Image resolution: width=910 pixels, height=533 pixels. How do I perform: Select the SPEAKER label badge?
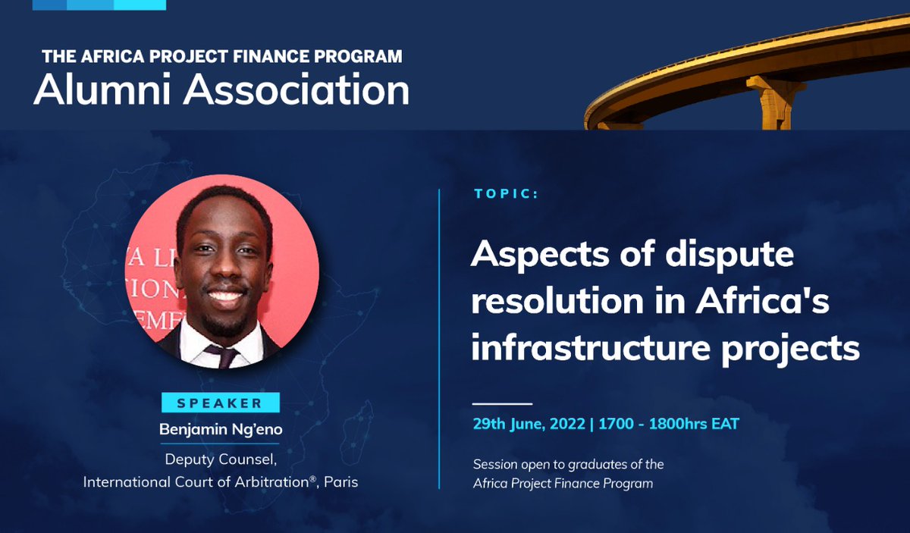pyautogui.click(x=220, y=403)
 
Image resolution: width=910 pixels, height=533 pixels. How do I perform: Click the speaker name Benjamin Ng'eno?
pyautogui.click(x=219, y=429)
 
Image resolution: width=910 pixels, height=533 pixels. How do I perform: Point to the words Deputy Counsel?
pyautogui.click(x=219, y=459)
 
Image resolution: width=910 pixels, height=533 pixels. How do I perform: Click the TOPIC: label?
pyautogui.click(x=506, y=194)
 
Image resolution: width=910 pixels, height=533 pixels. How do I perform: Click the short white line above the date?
pyautogui.click(x=502, y=403)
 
